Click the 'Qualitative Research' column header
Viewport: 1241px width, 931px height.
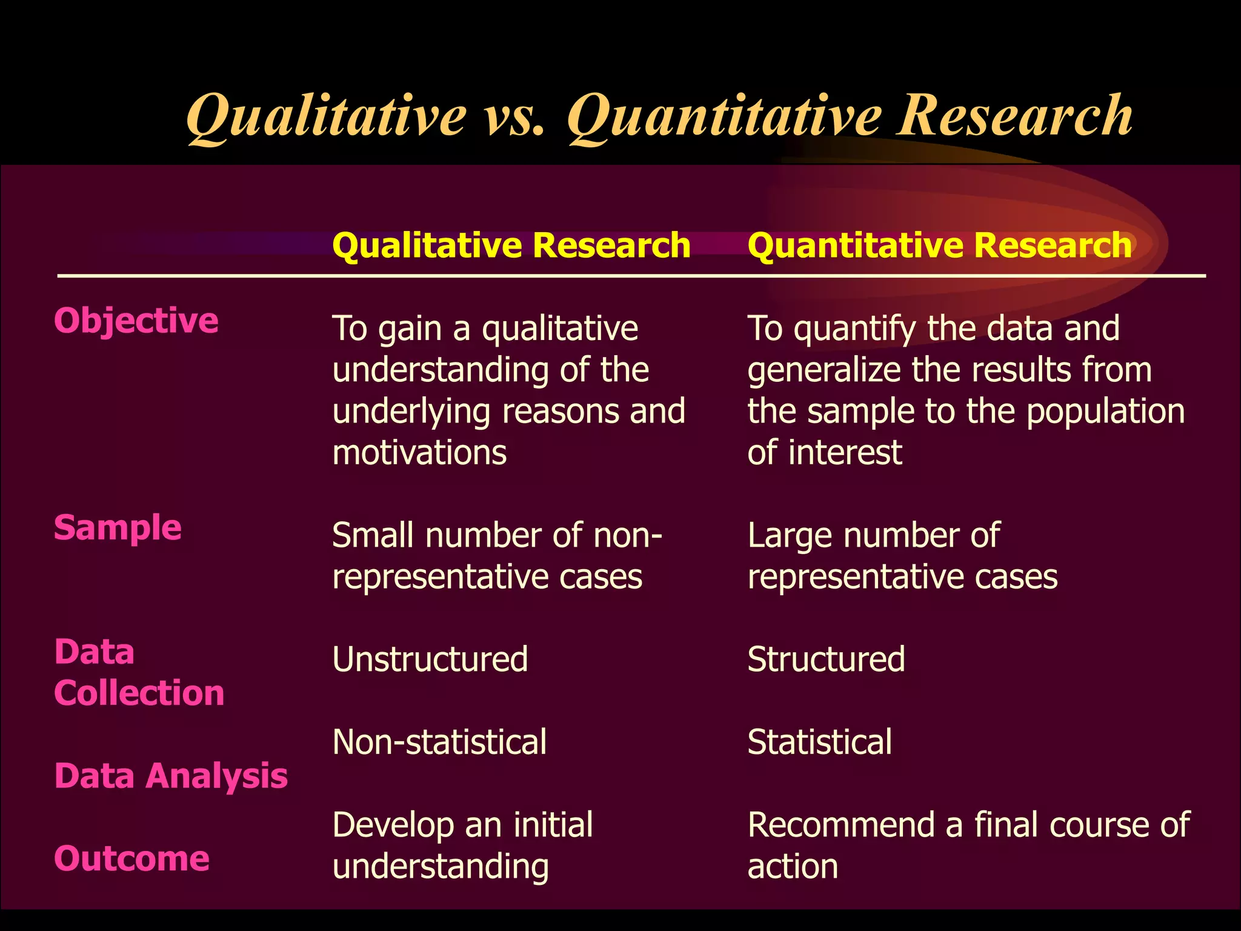tap(511, 245)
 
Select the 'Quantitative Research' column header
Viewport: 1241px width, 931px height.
tap(939, 245)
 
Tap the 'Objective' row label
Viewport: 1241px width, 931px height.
tap(136, 320)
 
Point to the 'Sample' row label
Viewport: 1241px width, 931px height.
tap(118, 527)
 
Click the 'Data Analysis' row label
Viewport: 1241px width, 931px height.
tap(171, 776)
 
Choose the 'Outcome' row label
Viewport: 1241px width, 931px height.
tap(132, 859)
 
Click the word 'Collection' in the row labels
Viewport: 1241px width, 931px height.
tap(139, 693)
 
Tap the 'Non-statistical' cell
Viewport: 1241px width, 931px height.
tap(439, 742)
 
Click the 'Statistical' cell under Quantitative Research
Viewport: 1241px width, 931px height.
tap(819, 742)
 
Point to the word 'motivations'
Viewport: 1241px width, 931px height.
tap(419, 453)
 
